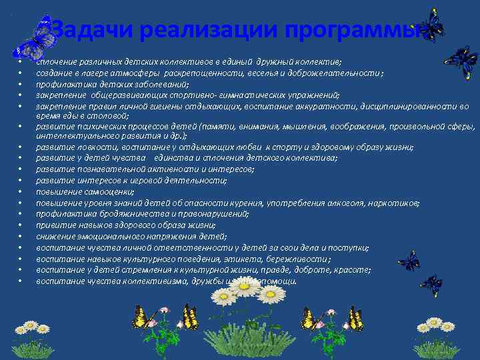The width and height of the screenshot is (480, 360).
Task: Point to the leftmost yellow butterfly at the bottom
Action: point(141,317)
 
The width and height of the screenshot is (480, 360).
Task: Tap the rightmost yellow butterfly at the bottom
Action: point(355,319)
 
